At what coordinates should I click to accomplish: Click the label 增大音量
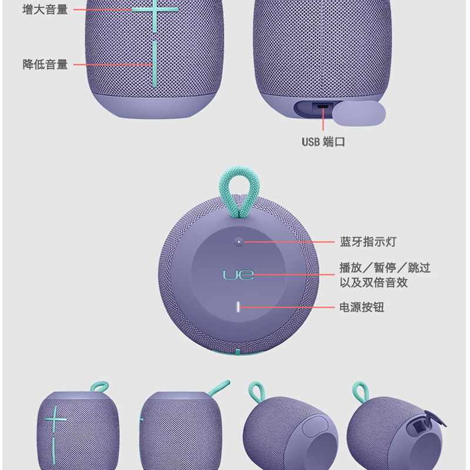pyautogui.click(x=45, y=9)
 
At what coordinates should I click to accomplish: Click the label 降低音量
pyautogui.click(x=45, y=64)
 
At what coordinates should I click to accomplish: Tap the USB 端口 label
pyautogui.click(x=323, y=142)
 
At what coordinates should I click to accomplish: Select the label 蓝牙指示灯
pyautogui.click(x=368, y=241)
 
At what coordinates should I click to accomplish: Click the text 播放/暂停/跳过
pyautogui.click(x=385, y=268)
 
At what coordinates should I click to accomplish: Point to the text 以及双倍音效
pyautogui.click(x=374, y=283)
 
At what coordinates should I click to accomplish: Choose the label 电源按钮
pyautogui.click(x=362, y=307)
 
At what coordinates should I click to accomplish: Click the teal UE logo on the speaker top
pyautogui.click(x=238, y=274)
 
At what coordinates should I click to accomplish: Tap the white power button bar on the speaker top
pyautogui.click(x=239, y=307)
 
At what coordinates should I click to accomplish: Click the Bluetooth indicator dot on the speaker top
pyautogui.click(x=239, y=241)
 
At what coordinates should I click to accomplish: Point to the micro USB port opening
pyautogui.click(x=323, y=106)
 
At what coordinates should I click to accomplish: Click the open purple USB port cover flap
pyautogui.click(x=359, y=113)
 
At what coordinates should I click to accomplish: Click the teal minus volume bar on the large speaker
pyautogui.click(x=155, y=64)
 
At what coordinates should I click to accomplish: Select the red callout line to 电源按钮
pyautogui.click(x=287, y=307)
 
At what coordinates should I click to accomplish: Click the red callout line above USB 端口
pyautogui.click(x=323, y=120)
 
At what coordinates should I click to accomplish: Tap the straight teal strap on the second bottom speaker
pyautogui.click(x=219, y=388)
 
